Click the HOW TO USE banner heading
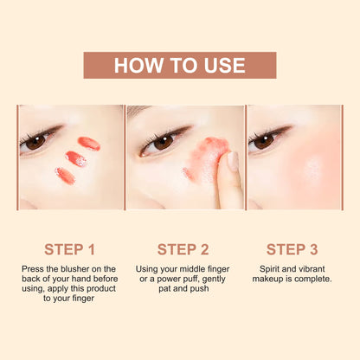pos(179,65)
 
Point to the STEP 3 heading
pos(291,249)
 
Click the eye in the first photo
pos(35,141)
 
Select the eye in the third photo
pos(264,140)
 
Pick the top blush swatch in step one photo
pos(88,143)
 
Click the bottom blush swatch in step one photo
pos(66,175)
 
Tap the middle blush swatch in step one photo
pos(76,158)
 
